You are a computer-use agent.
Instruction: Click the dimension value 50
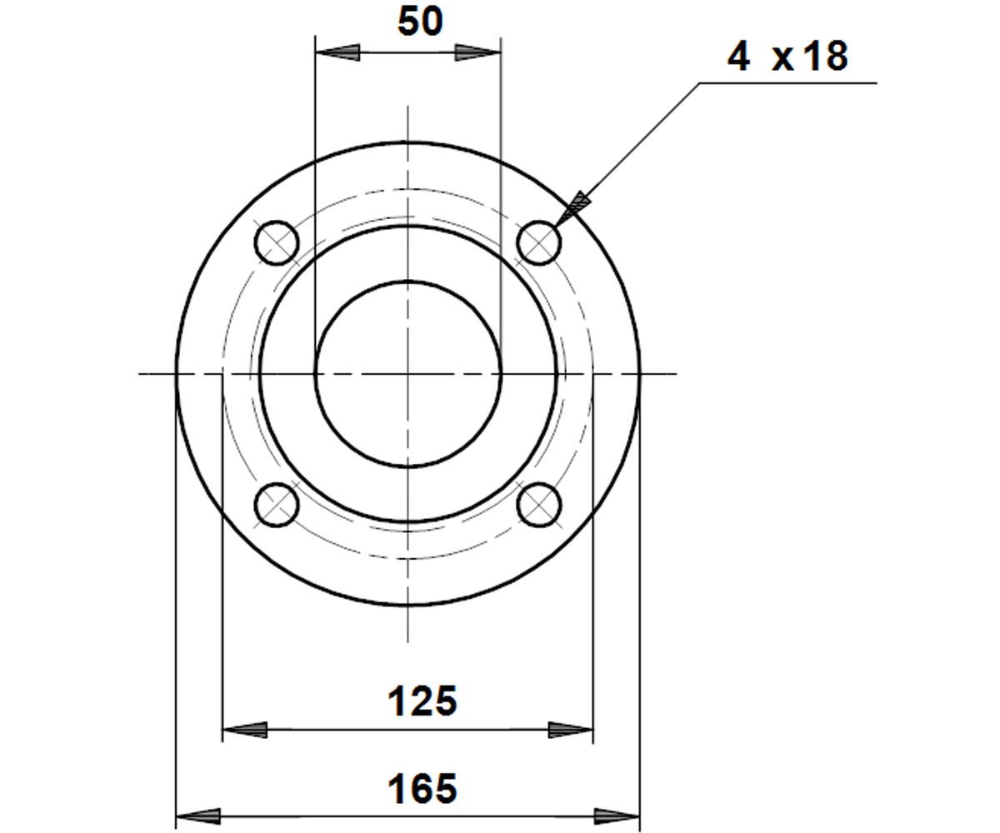click(x=420, y=22)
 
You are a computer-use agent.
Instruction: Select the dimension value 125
click(x=422, y=701)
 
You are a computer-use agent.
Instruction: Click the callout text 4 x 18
click(x=787, y=57)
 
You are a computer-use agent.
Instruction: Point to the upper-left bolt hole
click(x=277, y=242)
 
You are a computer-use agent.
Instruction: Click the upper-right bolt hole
click(x=539, y=242)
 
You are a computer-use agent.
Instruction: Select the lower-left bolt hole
click(x=277, y=505)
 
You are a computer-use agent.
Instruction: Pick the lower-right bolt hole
click(x=539, y=505)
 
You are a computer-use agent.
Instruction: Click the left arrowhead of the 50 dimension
click(x=337, y=52)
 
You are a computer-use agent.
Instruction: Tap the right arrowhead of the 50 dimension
click(x=477, y=52)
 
